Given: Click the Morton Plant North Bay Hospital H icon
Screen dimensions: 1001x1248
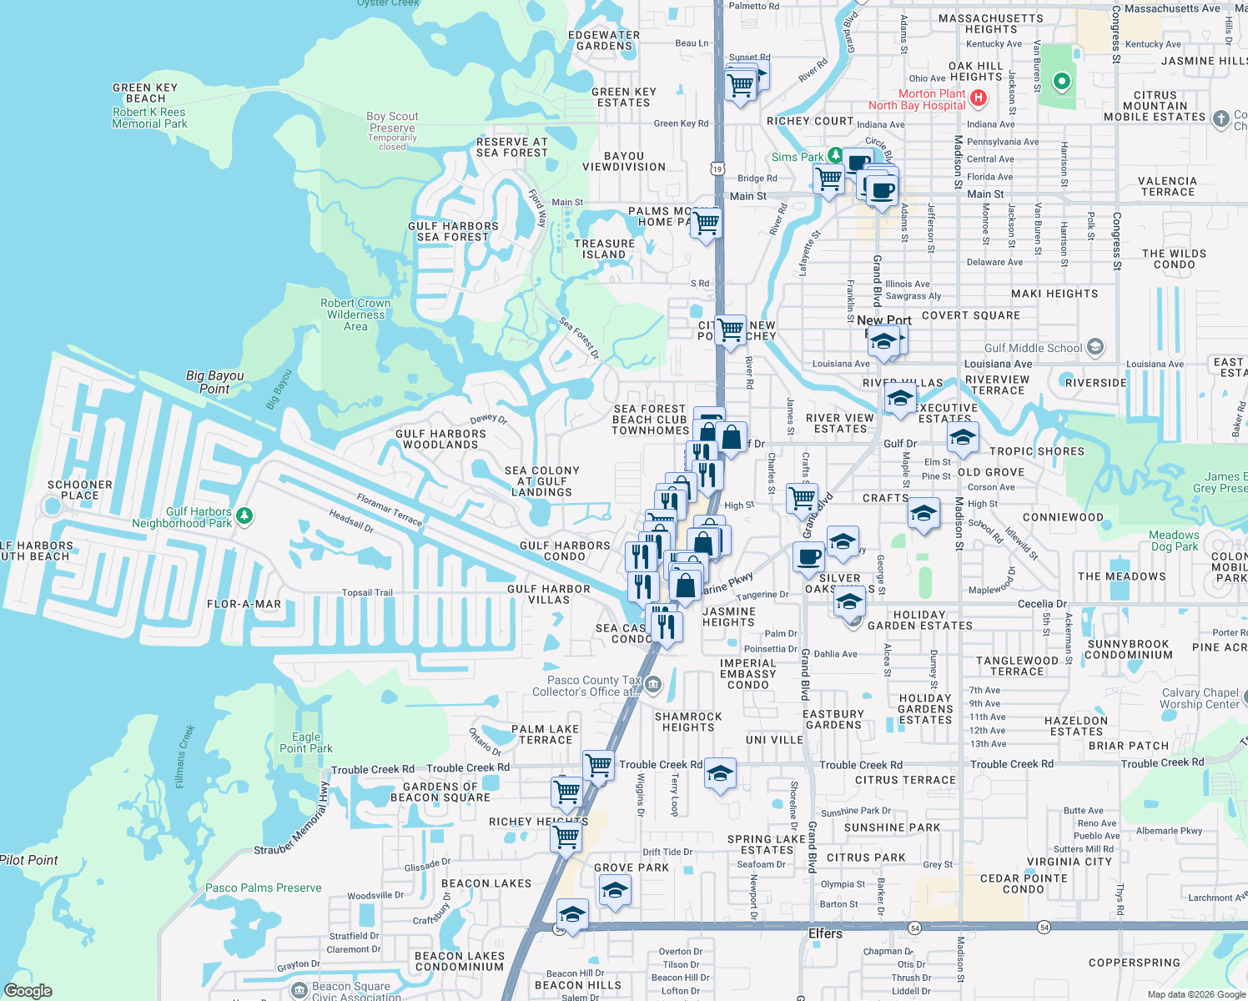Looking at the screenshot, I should coord(979,98).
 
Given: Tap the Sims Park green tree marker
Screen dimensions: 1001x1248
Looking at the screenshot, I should coord(834,156).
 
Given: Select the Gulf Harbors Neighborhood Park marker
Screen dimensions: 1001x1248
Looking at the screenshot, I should coord(244,516).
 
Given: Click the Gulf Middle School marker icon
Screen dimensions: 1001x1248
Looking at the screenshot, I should coord(1095,347).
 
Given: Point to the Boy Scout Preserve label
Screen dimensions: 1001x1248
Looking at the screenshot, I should coord(392,123).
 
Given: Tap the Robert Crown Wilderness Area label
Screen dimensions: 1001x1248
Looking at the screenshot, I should coord(355,314).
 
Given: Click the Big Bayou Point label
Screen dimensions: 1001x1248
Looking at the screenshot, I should coord(214,382).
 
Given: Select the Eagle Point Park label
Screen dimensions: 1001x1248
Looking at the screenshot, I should coord(305,742).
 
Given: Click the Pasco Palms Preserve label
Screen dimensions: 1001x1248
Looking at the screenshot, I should coord(263,888).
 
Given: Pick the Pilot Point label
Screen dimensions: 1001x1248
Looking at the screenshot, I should coord(29,860).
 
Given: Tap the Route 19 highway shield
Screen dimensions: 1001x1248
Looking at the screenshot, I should coord(717,169).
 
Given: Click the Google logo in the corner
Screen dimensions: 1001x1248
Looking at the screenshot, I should coord(28,990).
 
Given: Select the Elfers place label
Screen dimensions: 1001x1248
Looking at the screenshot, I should coord(825,933).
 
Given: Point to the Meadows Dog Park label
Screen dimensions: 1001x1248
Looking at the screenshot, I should coord(1174,541).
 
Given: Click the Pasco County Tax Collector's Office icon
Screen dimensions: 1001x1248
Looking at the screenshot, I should coord(653,686).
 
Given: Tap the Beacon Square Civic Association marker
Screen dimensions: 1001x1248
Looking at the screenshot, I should coord(299,990).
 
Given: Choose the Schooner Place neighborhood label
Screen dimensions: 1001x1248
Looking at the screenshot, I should coord(80,490).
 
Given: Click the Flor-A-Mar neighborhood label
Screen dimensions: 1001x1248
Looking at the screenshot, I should coord(244,604).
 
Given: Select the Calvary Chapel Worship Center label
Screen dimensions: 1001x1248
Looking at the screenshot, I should coord(1200,698).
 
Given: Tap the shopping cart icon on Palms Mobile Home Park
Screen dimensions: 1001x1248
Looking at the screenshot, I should coord(706,224).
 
